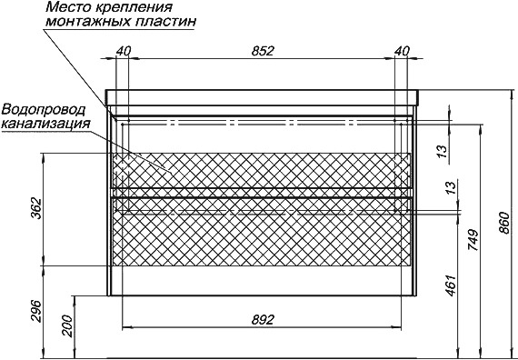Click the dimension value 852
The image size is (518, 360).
tap(263, 51)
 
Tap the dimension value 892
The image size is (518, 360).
tap(263, 320)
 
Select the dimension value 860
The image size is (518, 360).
tap(504, 223)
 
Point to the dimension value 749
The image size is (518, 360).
tap(473, 240)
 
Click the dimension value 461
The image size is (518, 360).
tap(451, 285)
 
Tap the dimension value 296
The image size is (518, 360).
tap(36, 312)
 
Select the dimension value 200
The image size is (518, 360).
tap(67, 326)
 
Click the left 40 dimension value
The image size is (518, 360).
tap(124, 51)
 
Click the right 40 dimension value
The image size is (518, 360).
tap(402, 51)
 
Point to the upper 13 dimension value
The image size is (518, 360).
tap(443, 151)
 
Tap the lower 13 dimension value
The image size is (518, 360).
tap(452, 186)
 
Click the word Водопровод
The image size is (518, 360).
tap(44, 109)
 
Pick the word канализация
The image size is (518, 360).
tap(45, 124)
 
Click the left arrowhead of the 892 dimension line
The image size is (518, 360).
tap(127, 328)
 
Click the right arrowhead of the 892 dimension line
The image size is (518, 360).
tap(396, 328)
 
